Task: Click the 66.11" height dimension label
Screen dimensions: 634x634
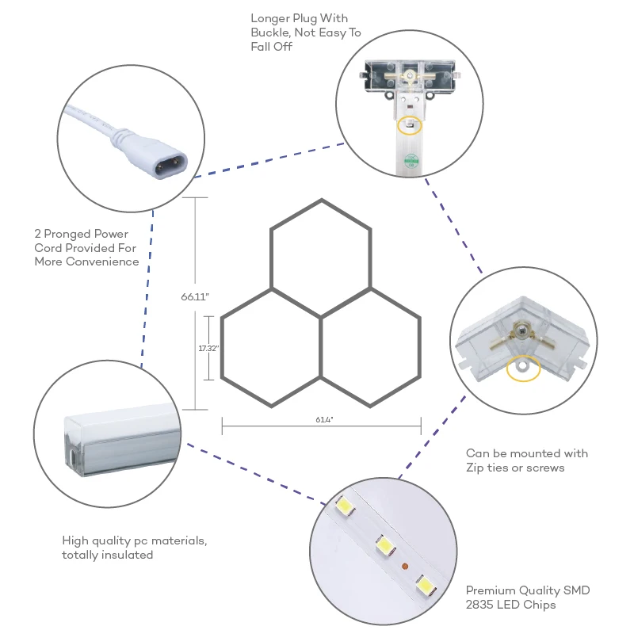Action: [x=194, y=297]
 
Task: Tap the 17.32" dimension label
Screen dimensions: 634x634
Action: [x=208, y=348]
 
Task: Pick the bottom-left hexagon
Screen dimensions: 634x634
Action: [x=271, y=348]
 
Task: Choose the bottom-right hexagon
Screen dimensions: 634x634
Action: [x=371, y=348]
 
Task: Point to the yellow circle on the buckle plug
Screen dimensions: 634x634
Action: [x=409, y=126]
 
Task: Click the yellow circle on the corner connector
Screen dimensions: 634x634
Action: [x=522, y=368]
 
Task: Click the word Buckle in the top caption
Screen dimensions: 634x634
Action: [x=270, y=32]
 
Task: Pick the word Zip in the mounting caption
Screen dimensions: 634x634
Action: [x=476, y=468]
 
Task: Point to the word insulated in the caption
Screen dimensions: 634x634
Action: [x=128, y=555]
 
